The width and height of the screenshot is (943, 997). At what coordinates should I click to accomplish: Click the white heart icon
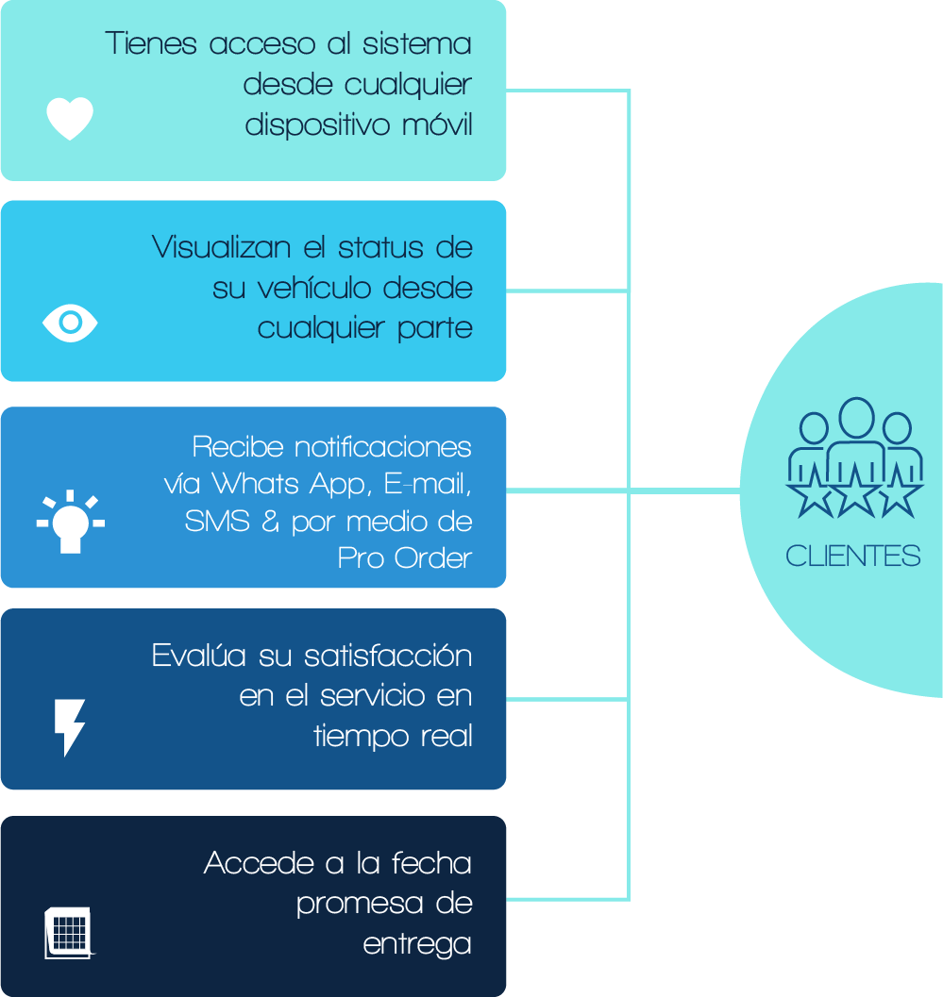70,119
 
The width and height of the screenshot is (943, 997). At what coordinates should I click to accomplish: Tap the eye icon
70,323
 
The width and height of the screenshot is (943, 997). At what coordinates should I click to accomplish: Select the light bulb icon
71,522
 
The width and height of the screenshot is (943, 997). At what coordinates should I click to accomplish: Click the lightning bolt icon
70,726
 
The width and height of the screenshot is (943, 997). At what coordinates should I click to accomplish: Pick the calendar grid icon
69,933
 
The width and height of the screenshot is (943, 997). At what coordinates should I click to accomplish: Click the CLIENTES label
852,557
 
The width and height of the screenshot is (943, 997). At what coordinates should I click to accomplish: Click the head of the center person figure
856,417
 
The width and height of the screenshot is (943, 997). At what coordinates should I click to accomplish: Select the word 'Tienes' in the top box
151,43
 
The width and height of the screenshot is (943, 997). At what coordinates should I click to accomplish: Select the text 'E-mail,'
428,485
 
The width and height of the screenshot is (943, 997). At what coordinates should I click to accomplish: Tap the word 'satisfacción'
388,656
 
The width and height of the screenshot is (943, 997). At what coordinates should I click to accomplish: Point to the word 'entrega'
417,944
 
